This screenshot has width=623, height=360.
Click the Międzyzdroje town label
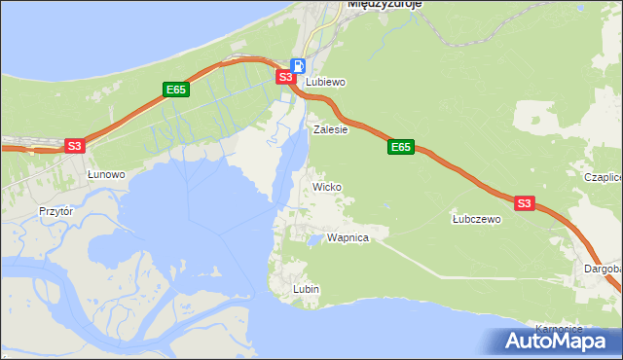[384, 5]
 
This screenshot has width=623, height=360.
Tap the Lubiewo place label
[326, 83]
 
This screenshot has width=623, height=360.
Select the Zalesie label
[331, 128]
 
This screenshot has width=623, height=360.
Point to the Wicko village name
[326, 186]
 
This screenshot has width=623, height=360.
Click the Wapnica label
[348, 237]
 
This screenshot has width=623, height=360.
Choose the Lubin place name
[307, 290]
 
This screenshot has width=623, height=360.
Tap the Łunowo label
[106, 174]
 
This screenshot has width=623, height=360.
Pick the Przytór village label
[56, 210]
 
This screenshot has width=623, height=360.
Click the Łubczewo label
[476, 220]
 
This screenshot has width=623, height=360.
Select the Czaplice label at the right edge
[603, 178]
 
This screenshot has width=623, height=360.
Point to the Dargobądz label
[603, 268]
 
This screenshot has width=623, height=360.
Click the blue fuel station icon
[298, 65]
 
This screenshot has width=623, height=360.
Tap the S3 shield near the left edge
[75, 146]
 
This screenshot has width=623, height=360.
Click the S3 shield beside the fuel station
[284, 76]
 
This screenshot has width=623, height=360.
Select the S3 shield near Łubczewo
[525, 203]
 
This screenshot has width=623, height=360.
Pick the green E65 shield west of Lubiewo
[175, 90]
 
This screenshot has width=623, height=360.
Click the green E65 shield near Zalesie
[400, 147]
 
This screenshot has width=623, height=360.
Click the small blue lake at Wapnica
[314, 238]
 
